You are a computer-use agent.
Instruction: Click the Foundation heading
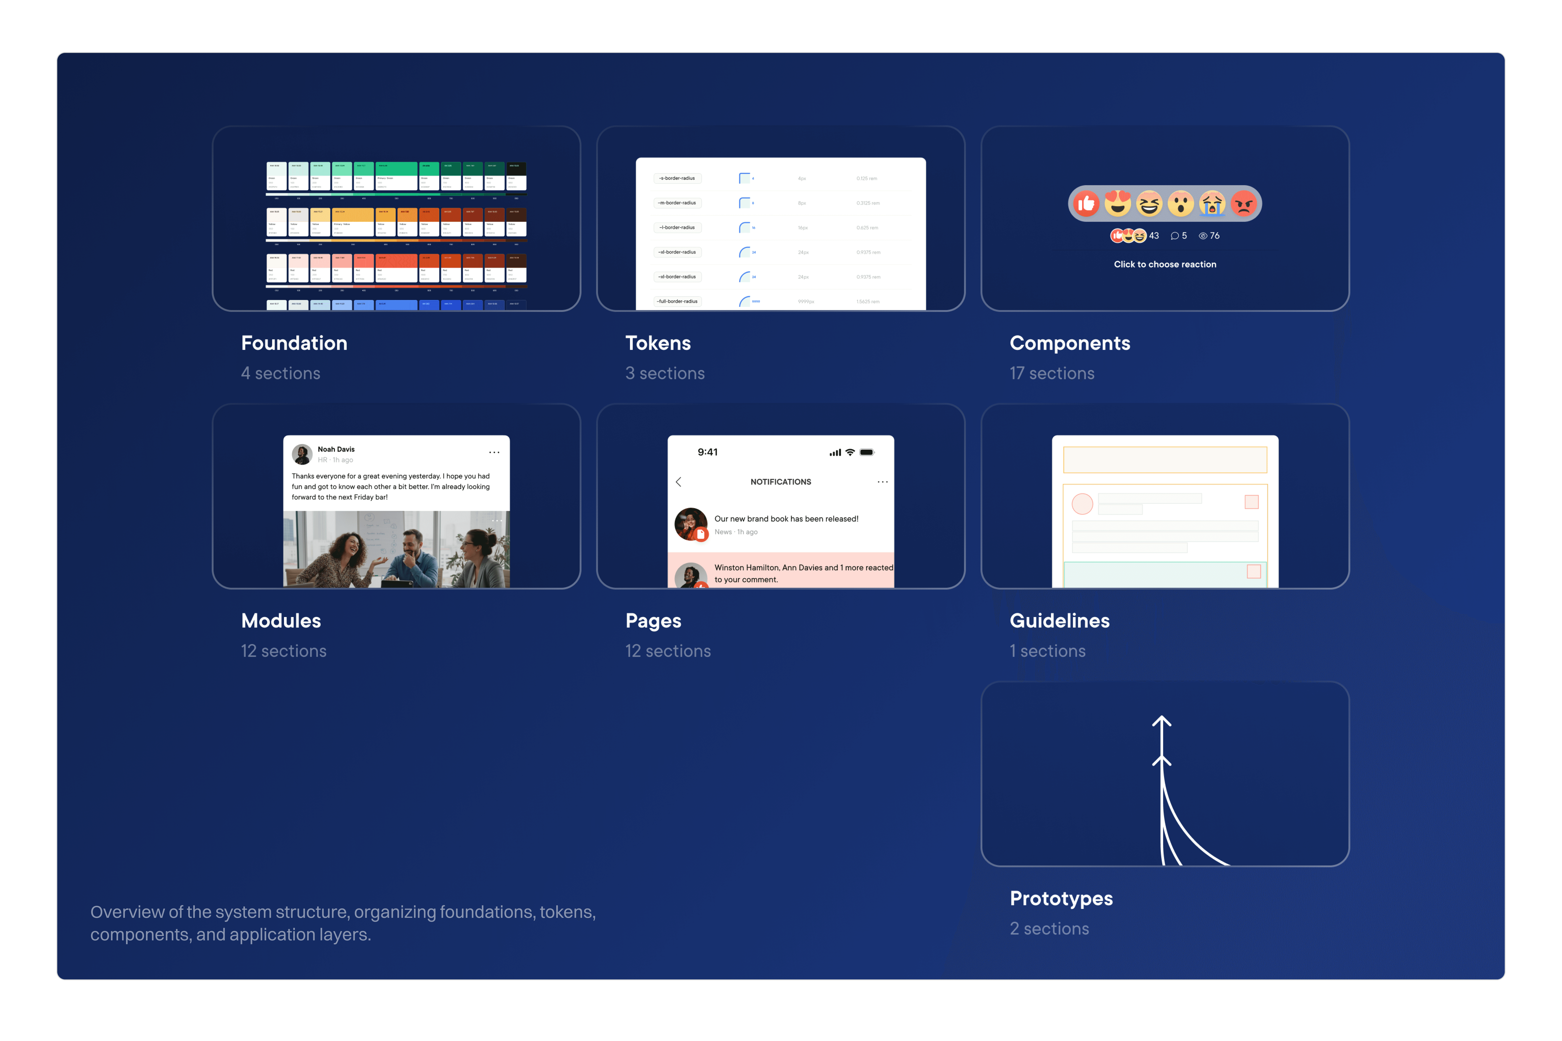point(294,343)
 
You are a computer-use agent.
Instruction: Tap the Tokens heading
point(658,343)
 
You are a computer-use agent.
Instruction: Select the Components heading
point(1069,343)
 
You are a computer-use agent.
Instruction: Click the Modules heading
point(281,621)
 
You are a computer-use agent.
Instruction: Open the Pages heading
point(653,621)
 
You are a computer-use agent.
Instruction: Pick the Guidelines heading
point(1059,621)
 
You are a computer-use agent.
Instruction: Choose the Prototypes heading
point(1061,898)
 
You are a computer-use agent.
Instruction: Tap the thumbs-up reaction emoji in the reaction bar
point(1086,204)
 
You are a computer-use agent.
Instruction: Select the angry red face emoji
point(1243,204)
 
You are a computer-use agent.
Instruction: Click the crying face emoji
point(1212,204)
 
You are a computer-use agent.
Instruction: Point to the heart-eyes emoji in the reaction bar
point(1118,204)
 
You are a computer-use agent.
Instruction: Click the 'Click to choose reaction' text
point(1165,264)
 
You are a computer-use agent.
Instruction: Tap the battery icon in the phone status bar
point(867,452)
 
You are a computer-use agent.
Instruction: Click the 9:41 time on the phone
point(707,452)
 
